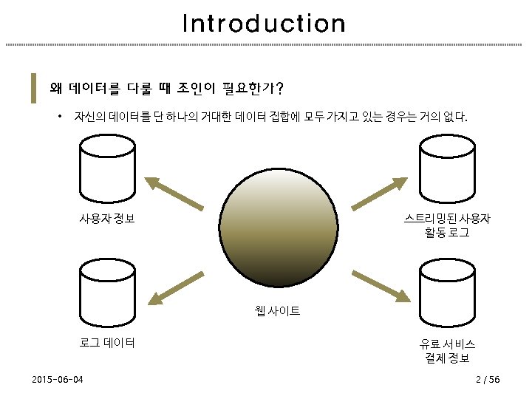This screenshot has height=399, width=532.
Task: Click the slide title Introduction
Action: (x=264, y=24)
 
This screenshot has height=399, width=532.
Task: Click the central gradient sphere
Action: (x=279, y=231)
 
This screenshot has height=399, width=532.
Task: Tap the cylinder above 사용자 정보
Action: (x=107, y=172)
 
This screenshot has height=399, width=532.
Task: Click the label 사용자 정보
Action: (x=107, y=219)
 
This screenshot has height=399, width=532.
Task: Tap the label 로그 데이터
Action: (x=107, y=343)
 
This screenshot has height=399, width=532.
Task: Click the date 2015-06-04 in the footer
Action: (x=58, y=380)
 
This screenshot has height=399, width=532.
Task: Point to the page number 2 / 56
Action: (x=488, y=380)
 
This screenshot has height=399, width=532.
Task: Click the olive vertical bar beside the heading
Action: (x=33, y=88)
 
